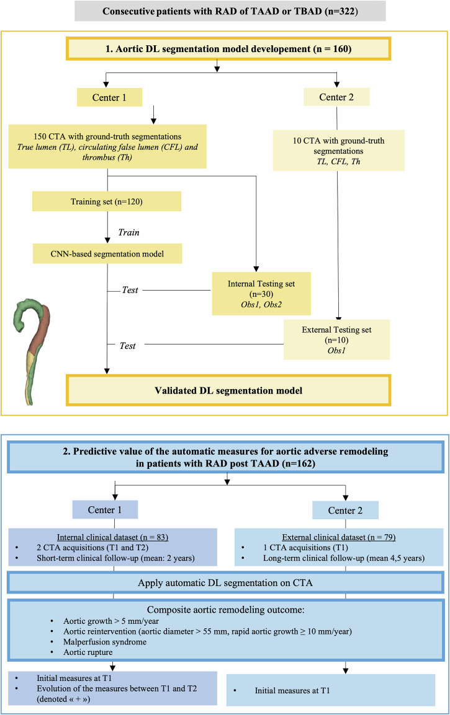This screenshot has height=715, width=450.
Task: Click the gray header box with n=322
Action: click(230, 11)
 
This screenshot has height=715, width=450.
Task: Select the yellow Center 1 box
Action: click(110, 97)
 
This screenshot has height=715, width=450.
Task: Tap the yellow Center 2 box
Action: click(336, 97)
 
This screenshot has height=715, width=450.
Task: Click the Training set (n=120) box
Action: click(106, 201)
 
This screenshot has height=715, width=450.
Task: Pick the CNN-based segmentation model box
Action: click(107, 254)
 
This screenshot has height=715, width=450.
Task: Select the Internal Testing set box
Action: click(261, 294)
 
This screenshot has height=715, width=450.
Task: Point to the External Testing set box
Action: click(336, 340)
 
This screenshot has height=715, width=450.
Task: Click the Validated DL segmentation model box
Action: click(228, 390)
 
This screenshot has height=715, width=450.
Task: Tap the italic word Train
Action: click(129, 232)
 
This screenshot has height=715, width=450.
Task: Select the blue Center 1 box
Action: click(105, 510)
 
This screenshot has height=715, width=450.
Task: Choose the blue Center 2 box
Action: click(345, 511)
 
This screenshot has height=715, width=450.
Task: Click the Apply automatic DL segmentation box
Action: click(226, 583)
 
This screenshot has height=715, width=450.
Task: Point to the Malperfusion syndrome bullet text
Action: click(105, 642)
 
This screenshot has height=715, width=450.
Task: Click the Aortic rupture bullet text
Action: click(88, 652)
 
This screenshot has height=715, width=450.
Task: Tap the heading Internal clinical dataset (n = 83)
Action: click(112, 537)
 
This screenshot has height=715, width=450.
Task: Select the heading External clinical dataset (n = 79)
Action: click(338, 537)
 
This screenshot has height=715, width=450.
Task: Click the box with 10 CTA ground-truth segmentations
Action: click(338, 151)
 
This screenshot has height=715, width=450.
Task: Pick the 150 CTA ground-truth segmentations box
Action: click(107, 147)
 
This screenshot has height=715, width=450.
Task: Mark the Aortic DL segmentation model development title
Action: click(228, 49)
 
